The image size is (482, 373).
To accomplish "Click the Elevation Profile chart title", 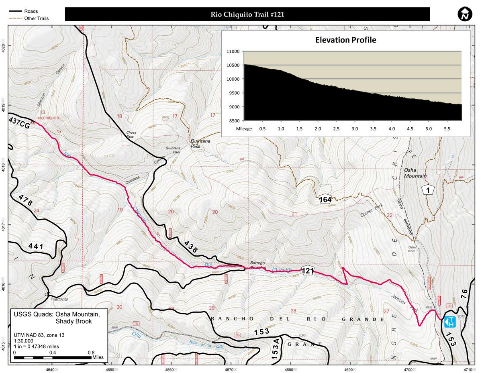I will tap(345, 40).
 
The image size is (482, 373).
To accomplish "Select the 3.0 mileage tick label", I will tap(355, 129).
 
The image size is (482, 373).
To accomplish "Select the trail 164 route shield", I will tap(325, 199).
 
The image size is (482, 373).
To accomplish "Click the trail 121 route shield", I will tap(307, 271).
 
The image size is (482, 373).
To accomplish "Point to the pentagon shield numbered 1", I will tap(429, 190).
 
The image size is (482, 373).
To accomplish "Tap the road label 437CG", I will tap(19, 125).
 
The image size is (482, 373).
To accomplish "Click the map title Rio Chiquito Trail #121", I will tap(247, 14).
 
